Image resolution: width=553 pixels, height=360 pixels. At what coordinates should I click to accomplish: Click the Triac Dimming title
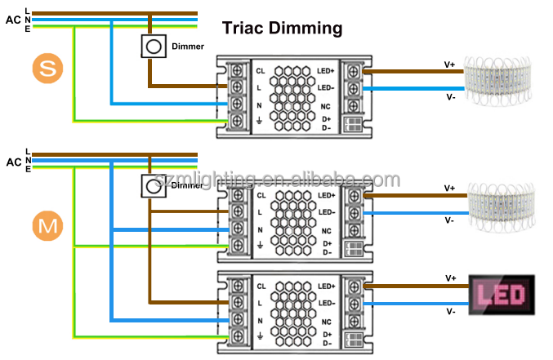(283, 29)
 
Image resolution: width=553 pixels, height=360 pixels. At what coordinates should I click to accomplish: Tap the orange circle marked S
(48, 69)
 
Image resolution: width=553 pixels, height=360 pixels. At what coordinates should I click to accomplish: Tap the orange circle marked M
(48, 226)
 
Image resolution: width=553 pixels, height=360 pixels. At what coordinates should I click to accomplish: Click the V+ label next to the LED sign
(450, 278)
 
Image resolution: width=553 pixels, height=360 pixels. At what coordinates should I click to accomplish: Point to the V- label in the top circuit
(450, 96)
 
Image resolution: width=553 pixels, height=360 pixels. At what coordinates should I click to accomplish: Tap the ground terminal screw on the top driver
(238, 122)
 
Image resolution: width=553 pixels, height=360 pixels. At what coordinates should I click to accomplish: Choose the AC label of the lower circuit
(13, 161)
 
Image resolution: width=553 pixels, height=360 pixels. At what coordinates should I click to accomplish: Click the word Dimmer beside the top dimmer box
(187, 47)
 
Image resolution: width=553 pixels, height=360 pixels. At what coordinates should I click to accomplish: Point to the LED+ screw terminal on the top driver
(354, 70)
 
